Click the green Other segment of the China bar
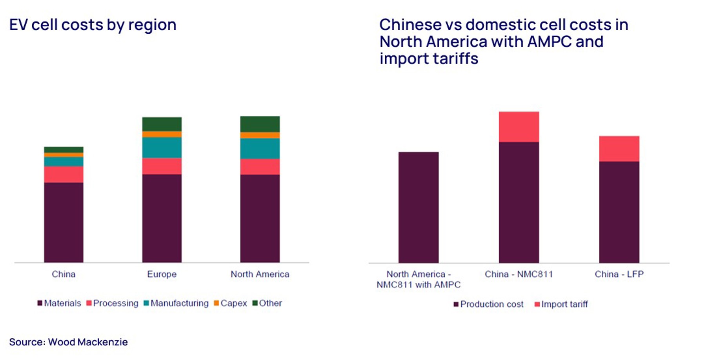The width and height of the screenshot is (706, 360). pos(64,150)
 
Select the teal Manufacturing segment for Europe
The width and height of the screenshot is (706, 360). pos(162,147)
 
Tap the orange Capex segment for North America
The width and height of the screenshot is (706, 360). pos(260,135)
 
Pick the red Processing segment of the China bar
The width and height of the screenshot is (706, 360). pos(64,175)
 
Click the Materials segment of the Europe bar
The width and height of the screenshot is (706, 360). pos(162,218)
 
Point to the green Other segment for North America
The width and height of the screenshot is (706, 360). pos(260,124)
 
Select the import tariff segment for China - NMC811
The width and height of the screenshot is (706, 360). pos(519,127)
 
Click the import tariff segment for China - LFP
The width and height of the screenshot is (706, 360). pos(619,149)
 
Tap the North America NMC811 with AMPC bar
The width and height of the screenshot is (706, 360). pos(419,207)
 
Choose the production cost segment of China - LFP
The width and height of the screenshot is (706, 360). pos(619,212)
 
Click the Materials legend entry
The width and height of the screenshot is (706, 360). pos(59,303)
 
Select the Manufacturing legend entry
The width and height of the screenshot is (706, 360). pos(176,303)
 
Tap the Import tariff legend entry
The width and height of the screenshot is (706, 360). pos(561,304)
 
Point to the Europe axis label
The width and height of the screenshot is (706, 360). pos(162,274)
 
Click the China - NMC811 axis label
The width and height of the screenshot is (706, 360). pos(519,274)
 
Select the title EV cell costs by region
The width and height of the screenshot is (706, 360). pos(93,25)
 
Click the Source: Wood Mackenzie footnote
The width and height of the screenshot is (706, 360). pos(68,342)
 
